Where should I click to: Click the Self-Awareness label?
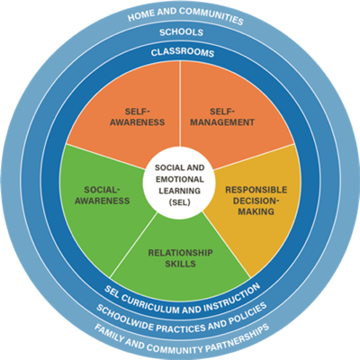pos(137,117)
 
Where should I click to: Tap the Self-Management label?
pos(222,117)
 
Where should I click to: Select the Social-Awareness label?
pos(103,195)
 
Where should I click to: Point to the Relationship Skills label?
pos(180,258)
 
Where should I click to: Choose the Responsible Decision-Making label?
pos(256,201)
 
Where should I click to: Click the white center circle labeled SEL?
pos(179,185)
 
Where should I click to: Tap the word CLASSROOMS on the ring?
pos(183,52)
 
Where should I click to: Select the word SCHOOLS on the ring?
pos(181,32)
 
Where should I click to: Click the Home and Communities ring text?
pos(185,15)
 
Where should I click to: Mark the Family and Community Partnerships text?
pos(182,340)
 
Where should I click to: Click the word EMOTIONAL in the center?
pos(180,179)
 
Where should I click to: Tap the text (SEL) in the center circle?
pos(180,202)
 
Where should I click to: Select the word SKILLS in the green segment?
pos(180,264)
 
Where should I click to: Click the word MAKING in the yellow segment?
pos(256,211)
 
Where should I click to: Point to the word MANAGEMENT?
pos(222,122)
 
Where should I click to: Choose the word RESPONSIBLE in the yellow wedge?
pos(256,190)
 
